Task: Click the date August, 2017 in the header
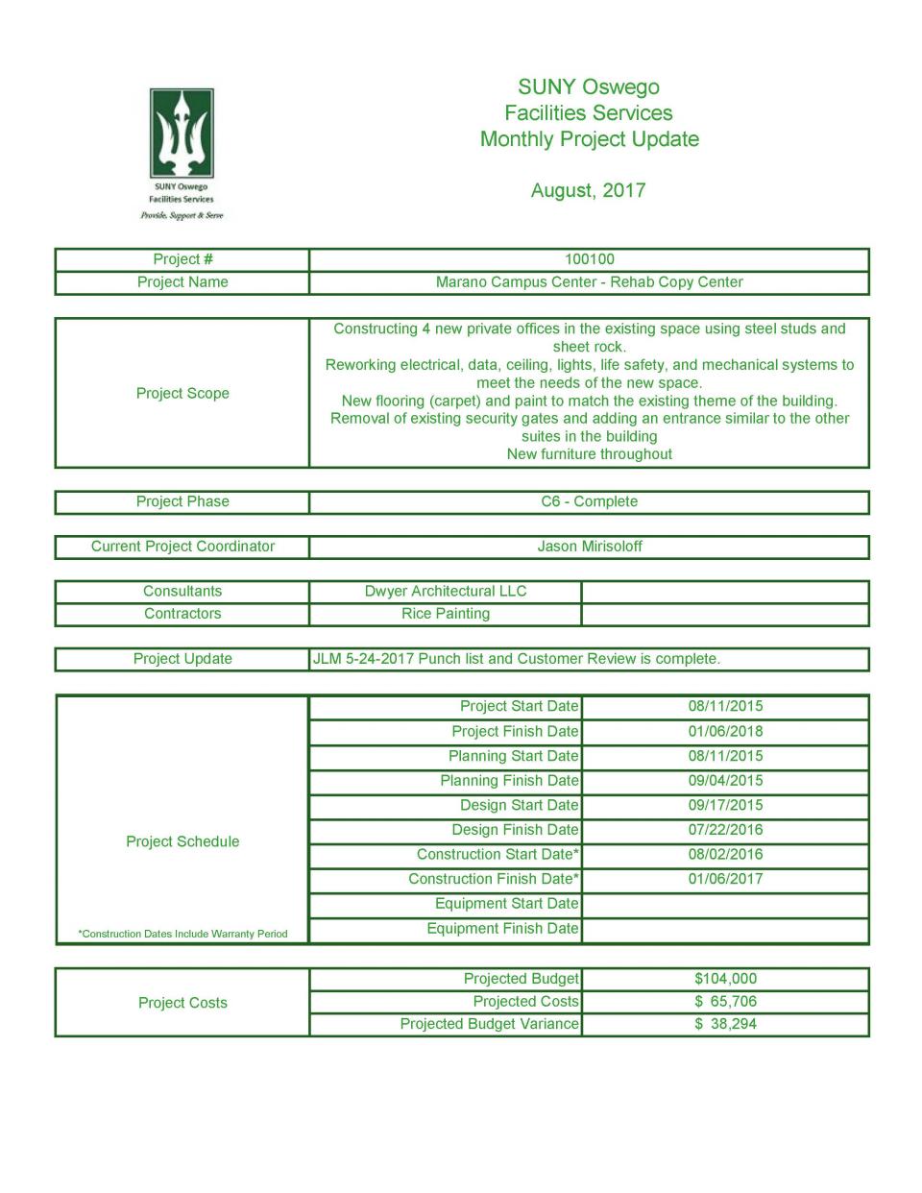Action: click(x=588, y=190)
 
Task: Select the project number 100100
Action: click(x=589, y=259)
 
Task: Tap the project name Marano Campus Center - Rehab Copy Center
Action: click(x=589, y=282)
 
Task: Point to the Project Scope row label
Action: click(x=182, y=393)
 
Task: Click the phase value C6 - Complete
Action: click(x=589, y=501)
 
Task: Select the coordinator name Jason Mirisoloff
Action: click(x=589, y=547)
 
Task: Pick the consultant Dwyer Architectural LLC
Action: click(x=446, y=592)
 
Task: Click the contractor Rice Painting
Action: click(x=446, y=614)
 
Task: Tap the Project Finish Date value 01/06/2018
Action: click(x=725, y=731)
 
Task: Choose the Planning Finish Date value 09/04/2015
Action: click(x=725, y=781)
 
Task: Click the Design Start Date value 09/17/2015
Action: click(x=725, y=805)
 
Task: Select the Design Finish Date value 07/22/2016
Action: click(x=725, y=830)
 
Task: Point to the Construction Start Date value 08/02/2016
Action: click(x=725, y=854)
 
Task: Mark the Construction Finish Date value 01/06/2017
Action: click(x=725, y=879)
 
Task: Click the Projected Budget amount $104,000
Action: click(x=725, y=979)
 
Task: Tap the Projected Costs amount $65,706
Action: click(x=725, y=1002)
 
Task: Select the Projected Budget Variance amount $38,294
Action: click(x=725, y=1024)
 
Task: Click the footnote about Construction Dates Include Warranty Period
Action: click(x=182, y=934)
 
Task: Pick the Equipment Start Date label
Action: click(x=506, y=904)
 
